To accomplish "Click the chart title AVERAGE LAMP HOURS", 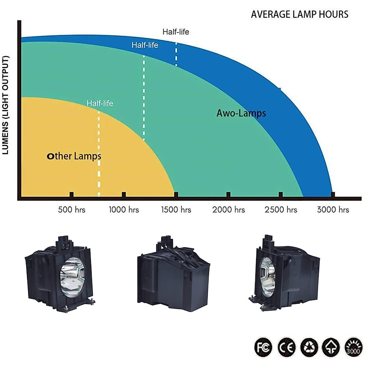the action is (300, 14).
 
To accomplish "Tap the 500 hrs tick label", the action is (72, 210).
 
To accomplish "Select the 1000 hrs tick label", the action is (124, 210).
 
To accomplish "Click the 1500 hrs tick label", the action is (176, 210).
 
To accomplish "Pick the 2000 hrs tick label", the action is (228, 210).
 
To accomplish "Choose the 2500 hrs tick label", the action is (281, 210).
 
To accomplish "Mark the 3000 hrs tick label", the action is (333, 210).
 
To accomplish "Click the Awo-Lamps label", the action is (241, 113).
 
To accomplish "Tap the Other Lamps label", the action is (74, 156).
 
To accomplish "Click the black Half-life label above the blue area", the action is (176, 32).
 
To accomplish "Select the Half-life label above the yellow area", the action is (100, 103).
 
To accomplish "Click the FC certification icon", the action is (263, 347).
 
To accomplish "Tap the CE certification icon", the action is (286, 347).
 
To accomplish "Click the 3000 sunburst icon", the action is (353, 347).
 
